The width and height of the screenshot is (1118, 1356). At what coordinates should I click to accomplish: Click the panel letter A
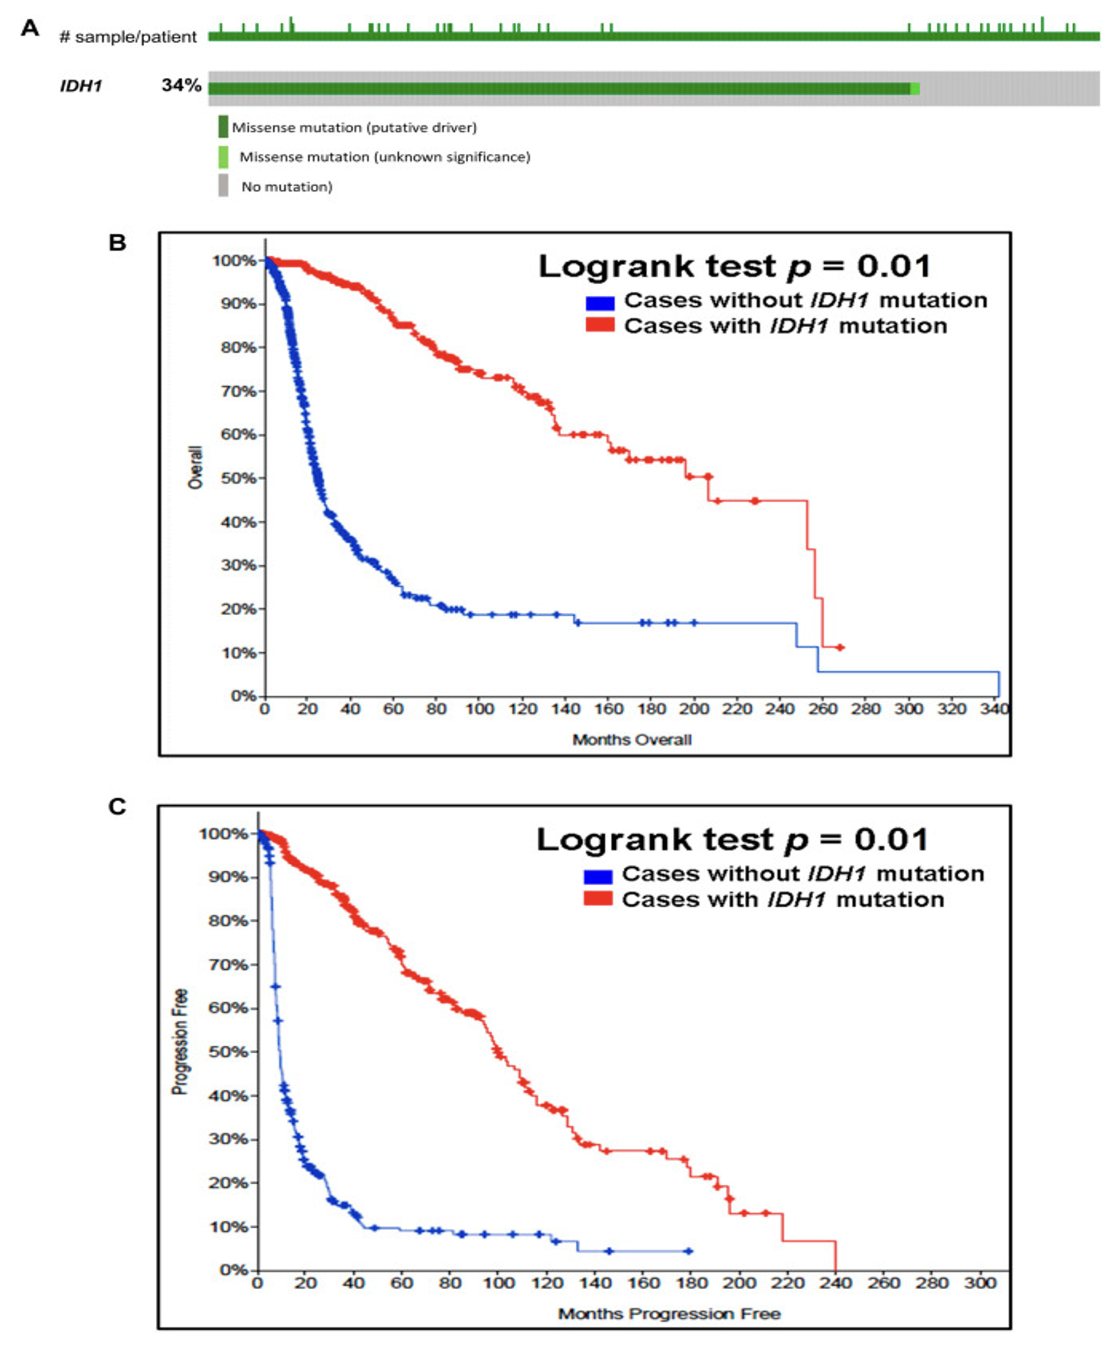coord(30,29)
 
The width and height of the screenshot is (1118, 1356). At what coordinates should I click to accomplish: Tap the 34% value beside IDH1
coord(181,85)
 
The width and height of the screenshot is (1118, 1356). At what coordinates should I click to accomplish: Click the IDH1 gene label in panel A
coord(81,86)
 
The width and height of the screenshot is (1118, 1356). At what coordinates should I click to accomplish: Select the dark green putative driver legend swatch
coord(223,127)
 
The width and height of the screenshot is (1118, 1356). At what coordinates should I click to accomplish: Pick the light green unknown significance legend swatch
coord(223,157)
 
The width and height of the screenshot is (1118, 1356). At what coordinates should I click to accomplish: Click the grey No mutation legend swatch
coord(223,186)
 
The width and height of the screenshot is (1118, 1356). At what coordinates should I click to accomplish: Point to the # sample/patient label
coord(128,37)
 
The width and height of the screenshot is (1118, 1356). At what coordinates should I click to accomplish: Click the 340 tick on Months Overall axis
coord(994,709)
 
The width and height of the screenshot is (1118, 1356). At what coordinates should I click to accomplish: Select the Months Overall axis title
coord(631,740)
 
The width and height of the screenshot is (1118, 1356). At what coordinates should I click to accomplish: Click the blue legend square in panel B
coord(599,301)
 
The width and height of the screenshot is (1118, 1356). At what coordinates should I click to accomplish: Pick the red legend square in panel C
coord(598,899)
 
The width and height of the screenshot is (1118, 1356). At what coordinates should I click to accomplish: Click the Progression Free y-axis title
coord(180,1042)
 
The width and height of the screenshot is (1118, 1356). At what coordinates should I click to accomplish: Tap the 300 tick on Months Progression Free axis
coord(980,1283)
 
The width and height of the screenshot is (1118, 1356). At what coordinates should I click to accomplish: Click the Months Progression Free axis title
coord(669,1314)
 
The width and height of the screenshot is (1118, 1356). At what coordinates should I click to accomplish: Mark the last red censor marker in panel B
coord(841,647)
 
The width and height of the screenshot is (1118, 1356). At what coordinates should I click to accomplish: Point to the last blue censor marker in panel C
coord(689,1251)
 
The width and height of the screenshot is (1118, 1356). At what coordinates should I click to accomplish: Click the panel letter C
coord(117,806)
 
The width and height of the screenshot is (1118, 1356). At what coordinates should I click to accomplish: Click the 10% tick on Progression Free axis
coord(228,1227)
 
